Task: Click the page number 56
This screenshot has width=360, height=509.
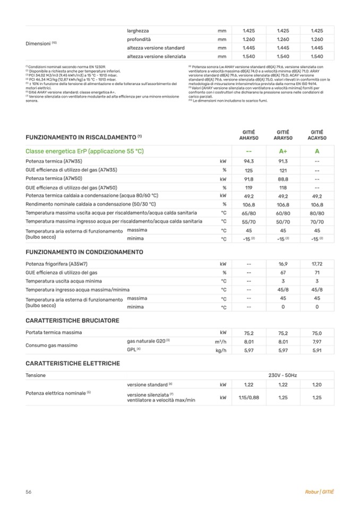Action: coord(29,492)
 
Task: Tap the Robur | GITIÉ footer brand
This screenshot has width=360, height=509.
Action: coord(320,492)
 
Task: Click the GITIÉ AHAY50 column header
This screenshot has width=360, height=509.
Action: coord(248,135)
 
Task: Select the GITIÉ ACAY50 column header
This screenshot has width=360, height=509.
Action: coord(317,135)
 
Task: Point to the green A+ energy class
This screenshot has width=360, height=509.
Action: coord(282,151)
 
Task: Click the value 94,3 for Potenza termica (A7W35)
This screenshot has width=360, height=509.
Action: coord(248,161)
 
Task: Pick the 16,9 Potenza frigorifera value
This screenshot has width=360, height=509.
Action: coord(282,263)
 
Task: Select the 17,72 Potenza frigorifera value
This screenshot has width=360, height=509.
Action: coord(317,263)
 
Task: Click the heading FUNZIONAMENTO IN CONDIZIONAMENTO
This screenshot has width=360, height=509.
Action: coord(84,252)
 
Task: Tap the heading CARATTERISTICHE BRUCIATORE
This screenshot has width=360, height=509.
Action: coord(72,321)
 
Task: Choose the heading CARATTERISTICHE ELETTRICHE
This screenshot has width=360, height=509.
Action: coord(73,363)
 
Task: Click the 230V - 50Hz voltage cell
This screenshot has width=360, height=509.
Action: coord(282,375)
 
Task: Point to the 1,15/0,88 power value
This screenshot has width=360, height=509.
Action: coord(248,398)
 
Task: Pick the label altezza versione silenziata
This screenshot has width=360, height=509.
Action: coord(156,56)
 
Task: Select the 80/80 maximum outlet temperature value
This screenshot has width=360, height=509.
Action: coord(317,212)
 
